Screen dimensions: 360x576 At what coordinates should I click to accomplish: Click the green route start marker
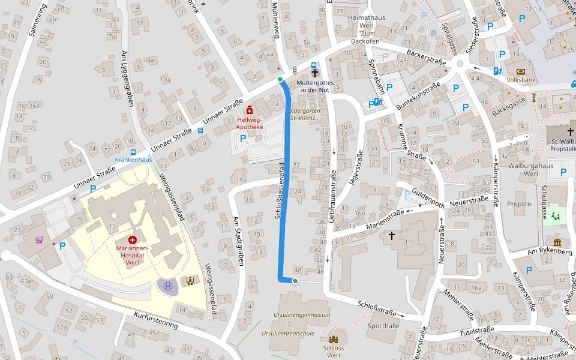click(x=280, y=79)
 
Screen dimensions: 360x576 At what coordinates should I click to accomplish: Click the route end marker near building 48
click(x=295, y=280)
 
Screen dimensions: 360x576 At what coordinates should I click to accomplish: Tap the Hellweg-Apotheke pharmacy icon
click(x=250, y=110)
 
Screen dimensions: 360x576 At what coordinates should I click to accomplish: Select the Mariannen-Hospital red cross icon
click(x=132, y=239)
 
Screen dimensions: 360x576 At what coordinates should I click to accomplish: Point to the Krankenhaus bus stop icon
click(x=133, y=152)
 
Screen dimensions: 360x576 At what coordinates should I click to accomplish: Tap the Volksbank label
click(x=521, y=79)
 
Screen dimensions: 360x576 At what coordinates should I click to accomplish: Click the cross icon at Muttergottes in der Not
click(x=315, y=73)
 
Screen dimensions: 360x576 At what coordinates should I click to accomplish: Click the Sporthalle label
click(x=383, y=326)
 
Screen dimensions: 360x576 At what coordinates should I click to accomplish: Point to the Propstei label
click(x=520, y=204)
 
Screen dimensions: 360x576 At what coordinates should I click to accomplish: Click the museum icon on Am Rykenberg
click(x=558, y=242)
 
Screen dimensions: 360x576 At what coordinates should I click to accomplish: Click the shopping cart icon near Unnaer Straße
click(x=39, y=240)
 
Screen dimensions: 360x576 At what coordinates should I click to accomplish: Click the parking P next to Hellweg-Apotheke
click(x=243, y=139)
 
